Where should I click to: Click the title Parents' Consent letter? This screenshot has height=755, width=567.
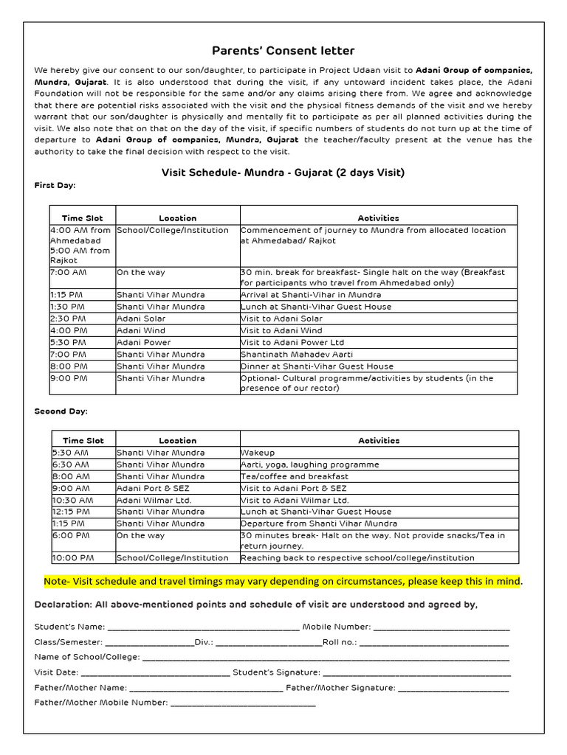click(283, 51)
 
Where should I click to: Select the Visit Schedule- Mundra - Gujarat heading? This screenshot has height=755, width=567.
click(283, 173)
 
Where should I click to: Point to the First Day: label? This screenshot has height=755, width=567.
click(55, 185)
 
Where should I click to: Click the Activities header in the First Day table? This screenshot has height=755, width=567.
click(378, 218)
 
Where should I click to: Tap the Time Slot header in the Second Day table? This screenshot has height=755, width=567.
click(83, 440)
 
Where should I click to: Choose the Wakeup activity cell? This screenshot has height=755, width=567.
click(258, 453)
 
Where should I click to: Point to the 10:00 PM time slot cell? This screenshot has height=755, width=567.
click(69, 558)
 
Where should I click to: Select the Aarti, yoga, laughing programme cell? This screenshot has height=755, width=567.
click(309, 465)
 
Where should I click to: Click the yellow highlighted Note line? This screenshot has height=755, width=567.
click(283, 581)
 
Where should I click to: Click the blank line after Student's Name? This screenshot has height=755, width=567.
click(203, 627)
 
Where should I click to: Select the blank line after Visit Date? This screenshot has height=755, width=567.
click(155, 672)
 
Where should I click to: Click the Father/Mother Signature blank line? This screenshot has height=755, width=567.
click(453, 688)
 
